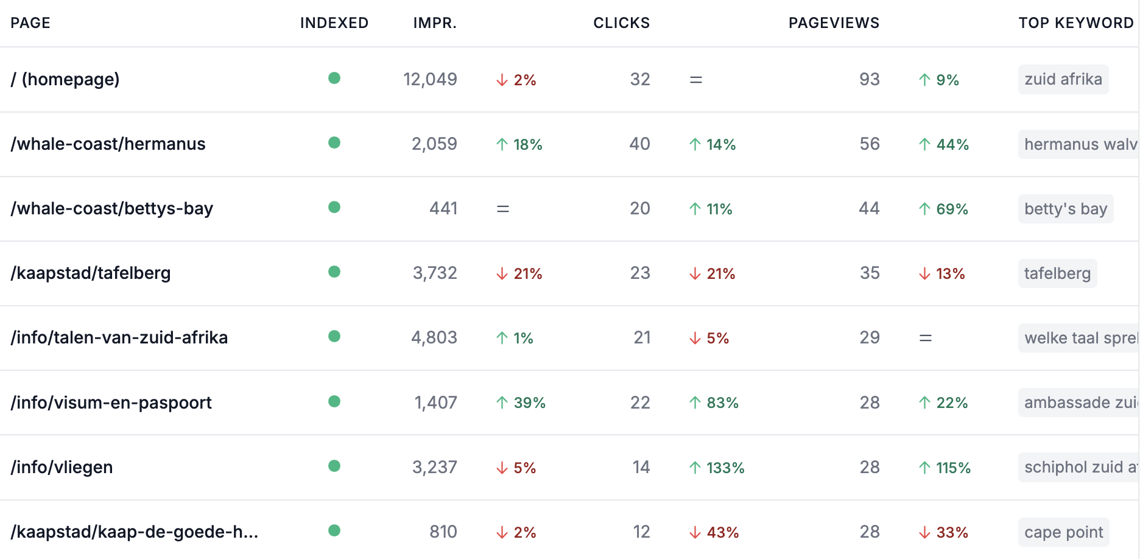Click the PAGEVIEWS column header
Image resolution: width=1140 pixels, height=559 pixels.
click(x=834, y=23)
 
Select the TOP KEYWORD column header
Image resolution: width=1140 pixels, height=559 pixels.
click(x=1076, y=23)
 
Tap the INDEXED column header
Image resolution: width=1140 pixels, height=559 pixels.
click(x=334, y=23)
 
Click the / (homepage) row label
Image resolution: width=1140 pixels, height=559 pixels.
click(x=65, y=79)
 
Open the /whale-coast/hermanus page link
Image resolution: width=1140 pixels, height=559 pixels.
click(x=108, y=144)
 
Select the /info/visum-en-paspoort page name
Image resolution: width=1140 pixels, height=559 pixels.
click(x=111, y=403)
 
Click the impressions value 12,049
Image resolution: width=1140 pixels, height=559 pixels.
click(x=430, y=79)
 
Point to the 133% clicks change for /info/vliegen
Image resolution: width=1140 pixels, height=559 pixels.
click(x=717, y=468)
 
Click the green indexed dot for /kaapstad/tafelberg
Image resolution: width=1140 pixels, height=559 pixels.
click(x=334, y=272)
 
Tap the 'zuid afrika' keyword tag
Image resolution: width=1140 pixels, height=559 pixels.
click(x=1063, y=79)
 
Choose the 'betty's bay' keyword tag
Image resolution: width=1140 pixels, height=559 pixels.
click(x=1066, y=209)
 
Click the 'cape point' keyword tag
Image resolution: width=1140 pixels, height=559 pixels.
click(x=1064, y=532)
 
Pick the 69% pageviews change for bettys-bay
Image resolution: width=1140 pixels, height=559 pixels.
click(x=943, y=209)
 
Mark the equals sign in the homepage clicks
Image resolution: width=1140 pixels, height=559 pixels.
click(x=696, y=80)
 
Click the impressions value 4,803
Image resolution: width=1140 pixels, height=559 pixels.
click(x=434, y=337)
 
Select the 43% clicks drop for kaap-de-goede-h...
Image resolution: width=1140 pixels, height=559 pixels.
click(x=714, y=532)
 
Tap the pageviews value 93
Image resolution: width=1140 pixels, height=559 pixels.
click(x=870, y=79)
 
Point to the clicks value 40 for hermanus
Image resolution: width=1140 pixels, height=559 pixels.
click(x=640, y=144)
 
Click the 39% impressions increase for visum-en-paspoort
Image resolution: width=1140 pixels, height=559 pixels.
click(x=521, y=403)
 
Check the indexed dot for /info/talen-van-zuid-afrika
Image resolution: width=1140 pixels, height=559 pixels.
click(x=334, y=336)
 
